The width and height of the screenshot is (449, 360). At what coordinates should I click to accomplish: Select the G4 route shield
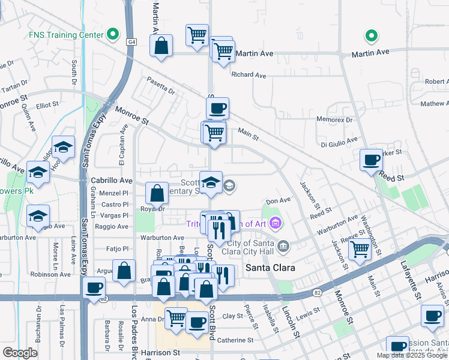click(x=131, y=41)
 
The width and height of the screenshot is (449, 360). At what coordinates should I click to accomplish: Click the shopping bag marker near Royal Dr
click(x=157, y=193)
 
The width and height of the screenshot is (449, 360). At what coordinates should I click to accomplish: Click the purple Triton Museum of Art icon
click(x=276, y=224)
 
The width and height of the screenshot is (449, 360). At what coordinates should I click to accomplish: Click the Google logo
click(x=20, y=353)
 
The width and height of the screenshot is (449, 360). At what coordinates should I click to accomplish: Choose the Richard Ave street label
click(x=249, y=75)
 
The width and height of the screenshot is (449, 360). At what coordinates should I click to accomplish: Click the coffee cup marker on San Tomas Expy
click(x=94, y=288)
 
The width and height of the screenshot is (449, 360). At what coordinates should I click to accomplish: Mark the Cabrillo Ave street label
click(x=111, y=181)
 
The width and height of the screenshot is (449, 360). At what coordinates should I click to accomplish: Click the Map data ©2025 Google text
click(x=412, y=355)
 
